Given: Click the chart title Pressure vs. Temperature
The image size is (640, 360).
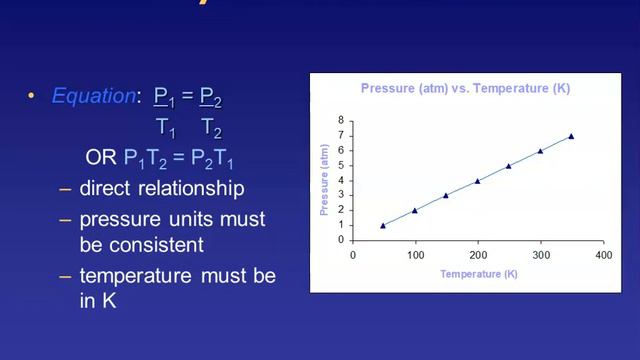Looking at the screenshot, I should [x=465, y=89].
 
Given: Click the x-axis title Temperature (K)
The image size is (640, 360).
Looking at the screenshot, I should [x=478, y=273].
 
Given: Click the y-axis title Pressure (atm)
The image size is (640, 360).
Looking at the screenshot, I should [x=324, y=180].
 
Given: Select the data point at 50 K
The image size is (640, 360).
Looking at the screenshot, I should [x=383, y=226].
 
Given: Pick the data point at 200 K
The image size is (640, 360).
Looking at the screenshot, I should [x=477, y=181].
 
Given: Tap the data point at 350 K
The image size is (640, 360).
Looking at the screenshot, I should [x=571, y=136].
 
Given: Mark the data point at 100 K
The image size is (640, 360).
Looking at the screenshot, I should [x=415, y=211].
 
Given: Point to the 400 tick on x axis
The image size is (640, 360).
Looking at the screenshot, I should [x=603, y=254].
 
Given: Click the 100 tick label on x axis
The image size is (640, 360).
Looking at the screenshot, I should [x=415, y=254].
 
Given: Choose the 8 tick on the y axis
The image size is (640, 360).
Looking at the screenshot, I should [x=341, y=121].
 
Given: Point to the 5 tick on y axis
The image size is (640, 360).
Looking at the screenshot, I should [x=341, y=166].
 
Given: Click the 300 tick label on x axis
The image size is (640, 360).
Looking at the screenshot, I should [x=540, y=254].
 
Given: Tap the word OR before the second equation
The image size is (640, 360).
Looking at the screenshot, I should [x=102, y=158].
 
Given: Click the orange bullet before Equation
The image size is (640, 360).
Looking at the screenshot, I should [x=31, y=97].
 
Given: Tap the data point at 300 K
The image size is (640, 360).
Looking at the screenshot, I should [x=540, y=151].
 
